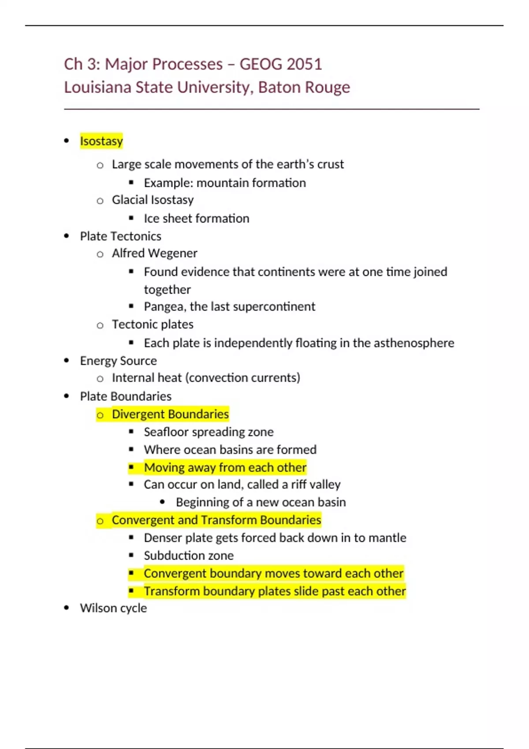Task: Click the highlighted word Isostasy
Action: coord(101,141)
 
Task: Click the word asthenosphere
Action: coord(414,343)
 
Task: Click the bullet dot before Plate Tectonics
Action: coord(67,236)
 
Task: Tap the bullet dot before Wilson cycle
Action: coord(67,608)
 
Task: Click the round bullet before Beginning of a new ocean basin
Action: coord(163,502)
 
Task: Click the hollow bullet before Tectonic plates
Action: coord(100,325)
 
